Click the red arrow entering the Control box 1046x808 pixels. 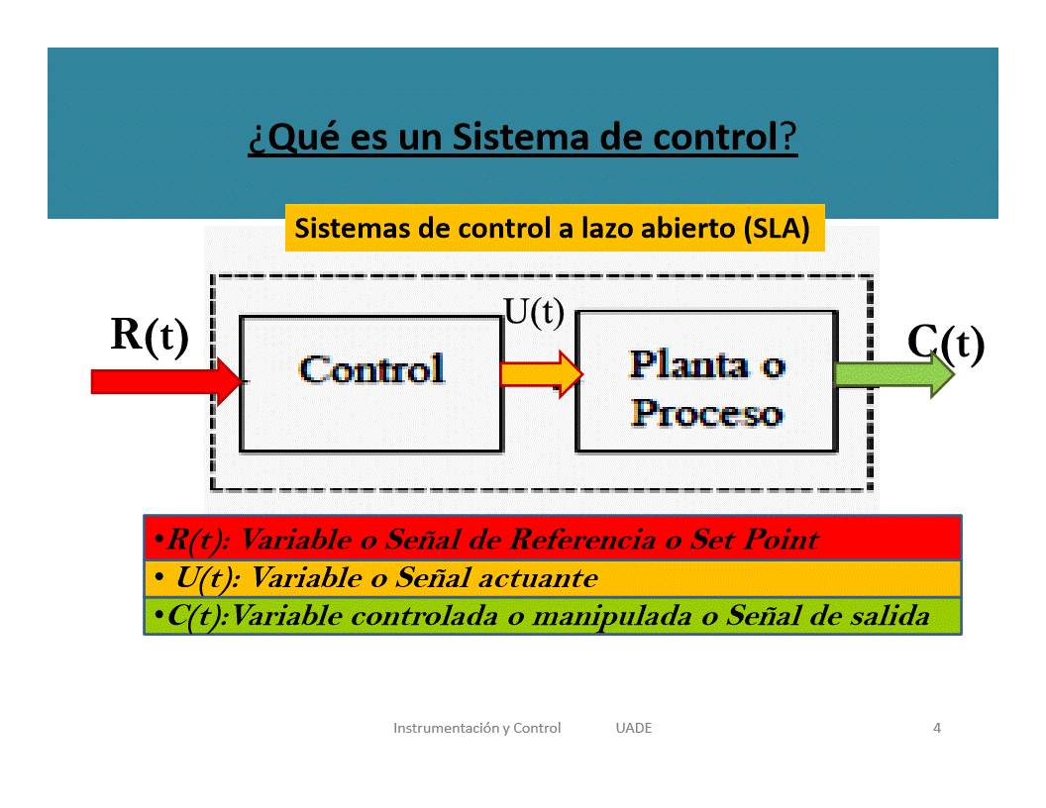(166, 381)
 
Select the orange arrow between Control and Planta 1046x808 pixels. (542, 374)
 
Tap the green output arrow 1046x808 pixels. (894, 374)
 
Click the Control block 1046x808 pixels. (370, 384)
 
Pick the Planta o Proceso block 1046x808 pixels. (706, 381)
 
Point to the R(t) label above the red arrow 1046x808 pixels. (150, 336)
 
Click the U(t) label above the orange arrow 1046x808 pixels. (534, 312)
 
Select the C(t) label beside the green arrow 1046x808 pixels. (946, 344)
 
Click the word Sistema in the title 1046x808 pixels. (521, 137)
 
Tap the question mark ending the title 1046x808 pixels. (787, 137)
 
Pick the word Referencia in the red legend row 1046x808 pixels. (582, 540)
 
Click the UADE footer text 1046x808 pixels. (634, 728)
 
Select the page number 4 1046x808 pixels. (937, 728)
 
